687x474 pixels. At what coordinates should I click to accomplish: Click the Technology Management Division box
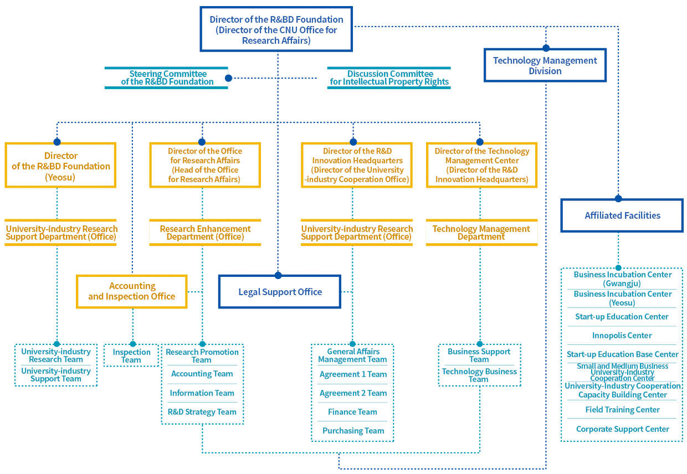(x=545, y=65)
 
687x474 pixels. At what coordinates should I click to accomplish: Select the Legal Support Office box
(x=280, y=292)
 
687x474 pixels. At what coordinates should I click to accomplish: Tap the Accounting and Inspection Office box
(x=132, y=291)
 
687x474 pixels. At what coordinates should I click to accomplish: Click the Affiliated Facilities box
(x=622, y=215)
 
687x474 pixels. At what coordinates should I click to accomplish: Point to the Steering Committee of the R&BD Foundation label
(x=167, y=78)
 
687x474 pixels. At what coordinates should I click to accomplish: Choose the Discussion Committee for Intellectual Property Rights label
(x=389, y=78)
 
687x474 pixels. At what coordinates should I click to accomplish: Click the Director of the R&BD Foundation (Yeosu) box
(x=60, y=166)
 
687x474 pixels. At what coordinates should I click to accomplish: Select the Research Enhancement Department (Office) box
(x=205, y=233)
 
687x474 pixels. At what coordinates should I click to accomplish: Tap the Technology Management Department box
(x=481, y=233)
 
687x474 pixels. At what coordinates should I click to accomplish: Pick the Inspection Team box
(x=131, y=355)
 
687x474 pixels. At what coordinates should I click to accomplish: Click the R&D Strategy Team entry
(x=202, y=412)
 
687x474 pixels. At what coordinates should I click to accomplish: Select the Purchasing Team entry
(x=353, y=431)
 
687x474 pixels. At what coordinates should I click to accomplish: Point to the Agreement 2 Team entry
(x=353, y=393)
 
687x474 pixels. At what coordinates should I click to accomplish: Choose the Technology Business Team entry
(x=479, y=375)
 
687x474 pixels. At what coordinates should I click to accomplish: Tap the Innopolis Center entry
(x=622, y=336)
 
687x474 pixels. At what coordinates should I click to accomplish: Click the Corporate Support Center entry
(x=622, y=429)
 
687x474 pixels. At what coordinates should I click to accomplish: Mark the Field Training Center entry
(x=622, y=410)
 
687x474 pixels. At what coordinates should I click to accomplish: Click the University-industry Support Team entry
(x=56, y=375)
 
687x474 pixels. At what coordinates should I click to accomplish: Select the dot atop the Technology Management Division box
(x=546, y=48)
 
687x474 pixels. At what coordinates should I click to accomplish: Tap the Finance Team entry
(x=352, y=412)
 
